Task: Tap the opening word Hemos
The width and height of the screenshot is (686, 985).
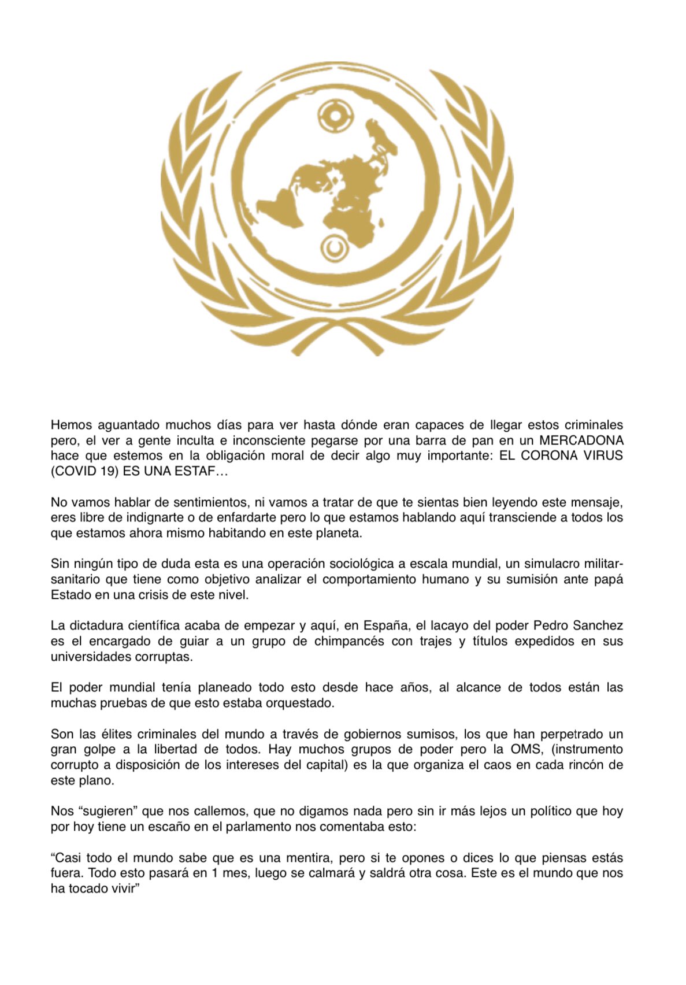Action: [72, 425]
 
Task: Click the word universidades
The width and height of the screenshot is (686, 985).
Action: [90, 657]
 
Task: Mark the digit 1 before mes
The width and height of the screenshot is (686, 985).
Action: [214, 873]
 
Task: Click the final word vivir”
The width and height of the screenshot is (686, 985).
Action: [126, 888]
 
